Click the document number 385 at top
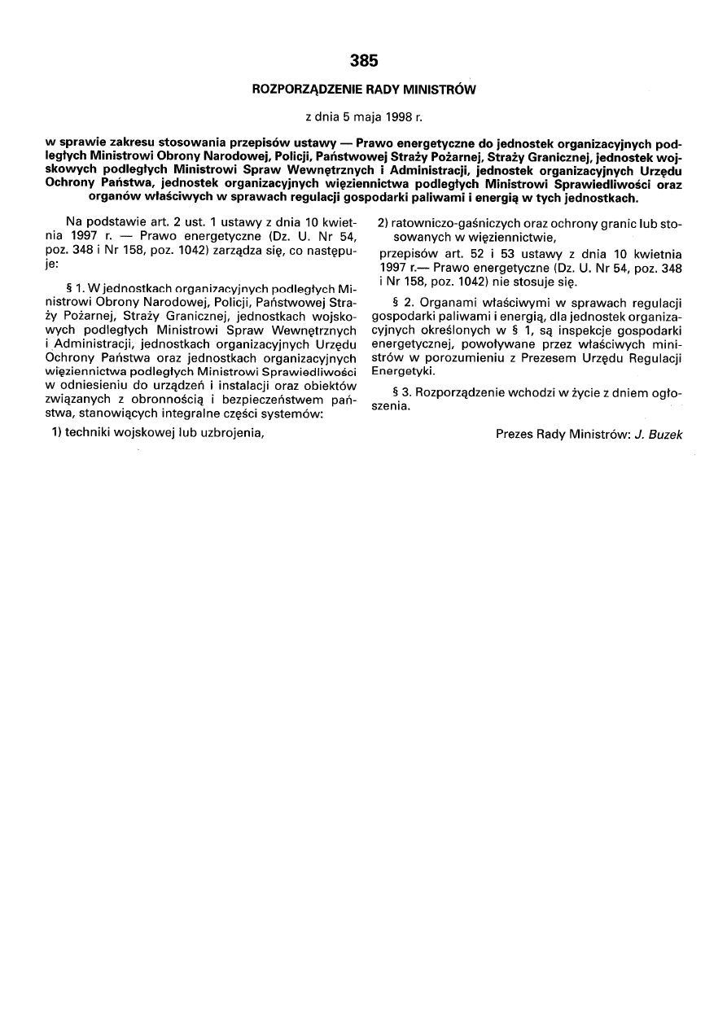click(x=363, y=61)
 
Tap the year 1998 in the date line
click(x=399, y=117)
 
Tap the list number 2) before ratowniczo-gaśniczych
click(x=383, y=223)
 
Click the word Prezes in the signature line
click(x=515, y=435)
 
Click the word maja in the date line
click(x=367, y=117)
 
